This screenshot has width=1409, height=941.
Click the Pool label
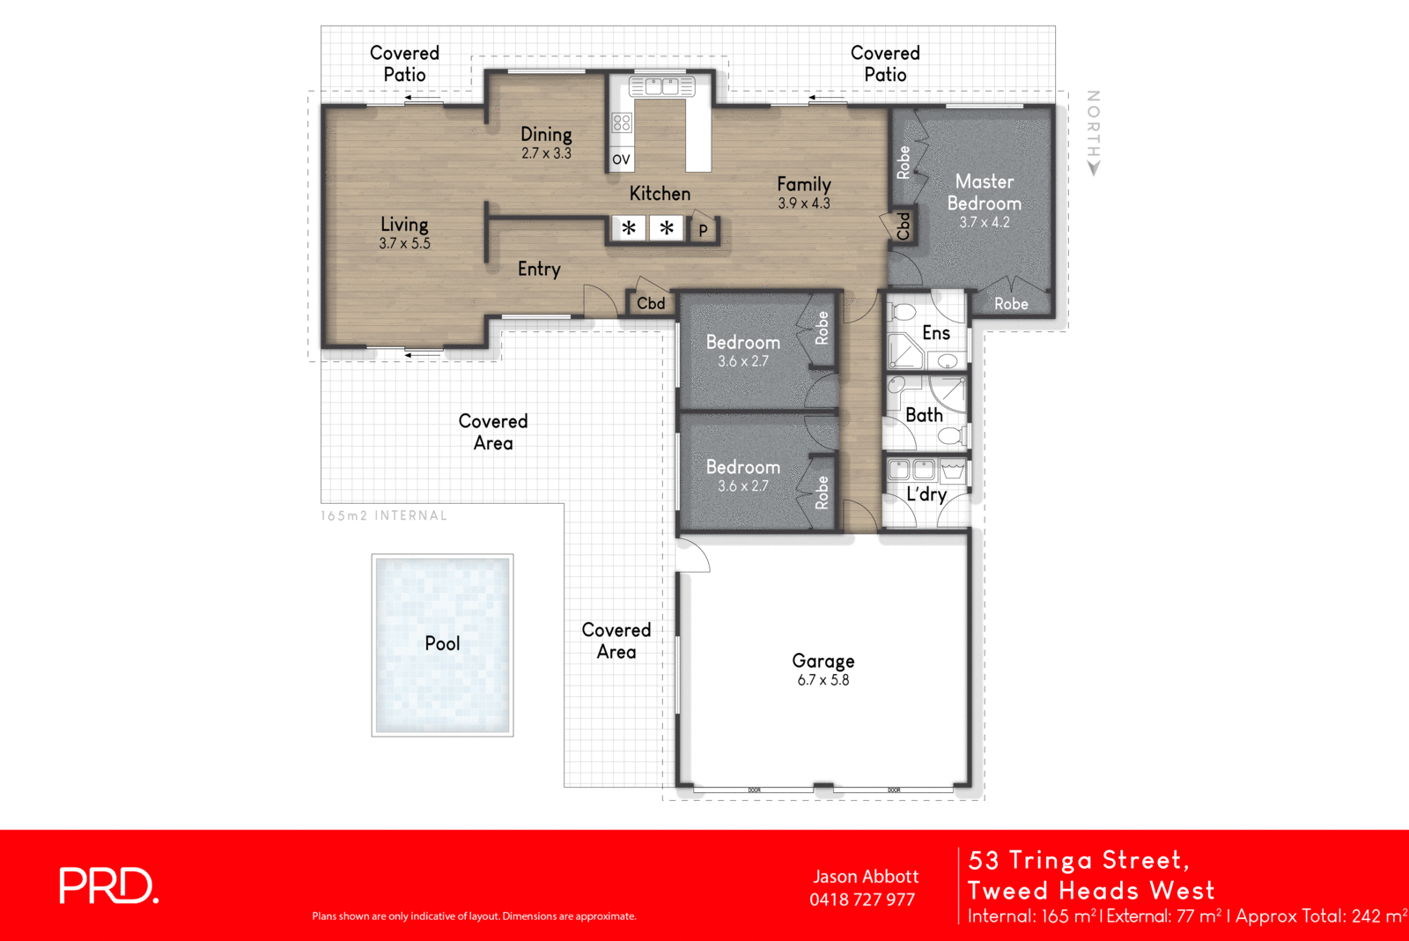[x=442, y=643]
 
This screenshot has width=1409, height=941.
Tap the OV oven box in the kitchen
[x=621, y=159]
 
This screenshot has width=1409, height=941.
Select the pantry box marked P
[x=703, y=231]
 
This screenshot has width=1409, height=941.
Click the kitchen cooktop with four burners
[x=622, y=122]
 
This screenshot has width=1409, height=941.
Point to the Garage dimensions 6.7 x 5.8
[x=823, y=680]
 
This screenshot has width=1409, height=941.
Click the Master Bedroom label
[x=985, y=192]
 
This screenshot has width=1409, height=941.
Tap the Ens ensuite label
[x=936, y=333]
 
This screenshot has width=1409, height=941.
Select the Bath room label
[x=924, y=415]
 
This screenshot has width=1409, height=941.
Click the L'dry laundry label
[x=926, y=494]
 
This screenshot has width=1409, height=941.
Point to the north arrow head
[x=1094, y=168]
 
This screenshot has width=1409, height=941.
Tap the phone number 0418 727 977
[x=862, y=900]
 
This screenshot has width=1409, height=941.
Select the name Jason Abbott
[x=866, y=877]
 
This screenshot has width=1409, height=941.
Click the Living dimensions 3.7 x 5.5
[x=405, y=244]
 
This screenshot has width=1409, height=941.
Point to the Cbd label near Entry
[x=651, y=303]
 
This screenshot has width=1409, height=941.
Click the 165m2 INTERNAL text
[x=384, y=515]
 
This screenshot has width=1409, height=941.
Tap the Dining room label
[x=546, y=134]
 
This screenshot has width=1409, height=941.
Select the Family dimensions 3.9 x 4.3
[x=804, y=204]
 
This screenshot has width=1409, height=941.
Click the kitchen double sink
[x=662, y=86]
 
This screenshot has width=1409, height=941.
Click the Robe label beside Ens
[x=1011, y=304]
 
